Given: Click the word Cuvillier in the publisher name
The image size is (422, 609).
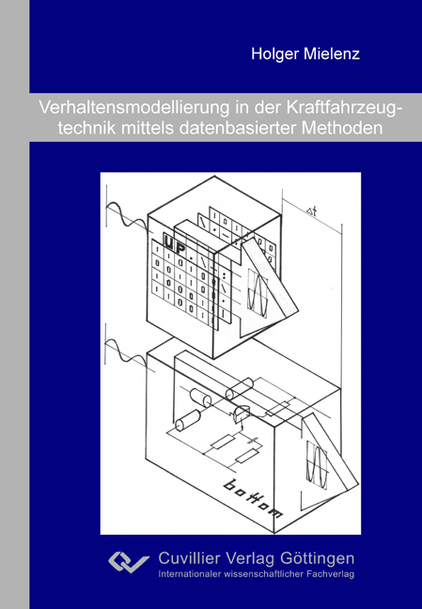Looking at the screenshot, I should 192,557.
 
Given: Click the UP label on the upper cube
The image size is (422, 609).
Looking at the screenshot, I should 175,243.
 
